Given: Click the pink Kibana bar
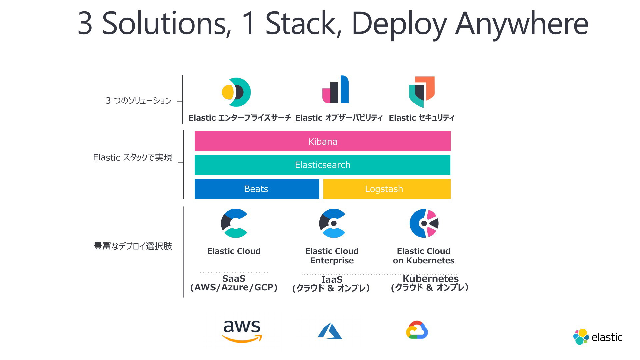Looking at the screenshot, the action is (x=322, y=141).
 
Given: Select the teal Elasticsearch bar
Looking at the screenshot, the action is (x=322, y=165).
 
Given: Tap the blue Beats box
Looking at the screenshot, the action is (x=257, y=189).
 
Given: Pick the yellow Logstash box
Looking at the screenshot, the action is (x=387, y=189).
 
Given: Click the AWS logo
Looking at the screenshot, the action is (x=242, y=331).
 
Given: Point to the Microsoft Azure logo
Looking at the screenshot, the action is (x=330, y=331).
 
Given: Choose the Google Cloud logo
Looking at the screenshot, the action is (x=417, y=330).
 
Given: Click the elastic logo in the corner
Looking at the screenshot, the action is (x=598, y=337).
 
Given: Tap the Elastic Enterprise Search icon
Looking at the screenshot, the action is (x=236, y=92).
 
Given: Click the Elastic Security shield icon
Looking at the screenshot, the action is (x=422, y=92).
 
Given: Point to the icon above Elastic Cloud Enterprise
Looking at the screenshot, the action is (x=332, y=223).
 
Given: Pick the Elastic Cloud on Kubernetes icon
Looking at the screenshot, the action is (x=424, y=223).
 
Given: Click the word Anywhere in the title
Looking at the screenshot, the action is (x=522, y=24).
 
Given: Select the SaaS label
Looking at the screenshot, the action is (x=234, y=279).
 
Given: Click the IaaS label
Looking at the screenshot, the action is (x=332, y=280).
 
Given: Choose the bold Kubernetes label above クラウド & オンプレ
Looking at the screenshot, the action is (x=431, y=279).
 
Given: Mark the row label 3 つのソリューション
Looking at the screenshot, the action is (x=138, y=101).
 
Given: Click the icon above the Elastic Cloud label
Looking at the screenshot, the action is (x=234, y=223).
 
